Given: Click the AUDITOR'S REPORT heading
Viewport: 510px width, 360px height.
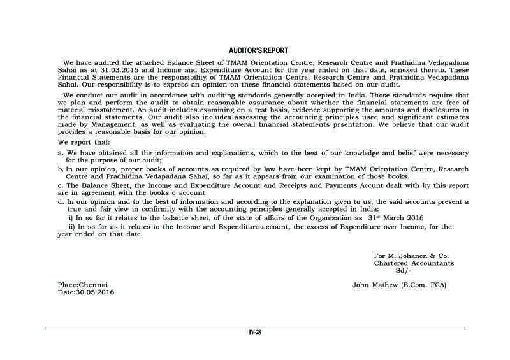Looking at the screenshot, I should [258, 50].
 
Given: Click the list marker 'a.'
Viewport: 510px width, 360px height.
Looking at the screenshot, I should [60, 154].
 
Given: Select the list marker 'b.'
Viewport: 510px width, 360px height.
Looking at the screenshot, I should [60, 169].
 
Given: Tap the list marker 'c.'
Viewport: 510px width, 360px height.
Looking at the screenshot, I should [60, 184].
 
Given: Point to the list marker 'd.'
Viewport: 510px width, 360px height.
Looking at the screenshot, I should [60, 201].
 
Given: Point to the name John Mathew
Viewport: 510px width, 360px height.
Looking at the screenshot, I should [375, 284].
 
